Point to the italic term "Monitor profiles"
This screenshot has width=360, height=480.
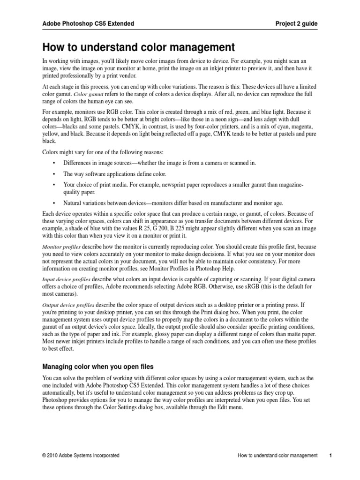(x=61, y=246)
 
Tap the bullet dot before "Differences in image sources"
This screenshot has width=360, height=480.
(x=55, y=162)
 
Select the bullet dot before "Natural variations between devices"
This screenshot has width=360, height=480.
(x=55, y=203)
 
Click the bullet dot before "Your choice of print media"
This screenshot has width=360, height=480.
(x=55, y=185)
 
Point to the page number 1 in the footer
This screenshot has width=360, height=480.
(x=330, y=455)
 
